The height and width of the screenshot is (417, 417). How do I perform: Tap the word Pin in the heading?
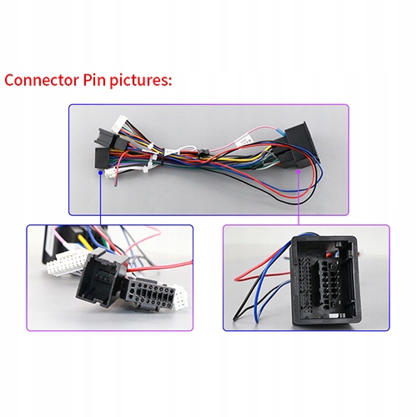pos(94,80)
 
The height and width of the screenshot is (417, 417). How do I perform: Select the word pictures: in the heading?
pos(141,80)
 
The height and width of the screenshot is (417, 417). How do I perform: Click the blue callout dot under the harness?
pos(101,173)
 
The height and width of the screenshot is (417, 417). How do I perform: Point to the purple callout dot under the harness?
pos(299,172)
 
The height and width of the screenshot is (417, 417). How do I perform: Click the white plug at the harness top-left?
pos(119,124)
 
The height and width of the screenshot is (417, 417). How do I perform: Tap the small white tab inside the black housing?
pos(334,317)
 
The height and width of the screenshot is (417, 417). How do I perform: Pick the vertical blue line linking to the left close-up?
pos(101,199)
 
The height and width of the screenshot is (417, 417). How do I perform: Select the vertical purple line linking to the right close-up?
pos(299,199)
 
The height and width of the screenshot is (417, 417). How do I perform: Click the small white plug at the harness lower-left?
pos(110,174)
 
